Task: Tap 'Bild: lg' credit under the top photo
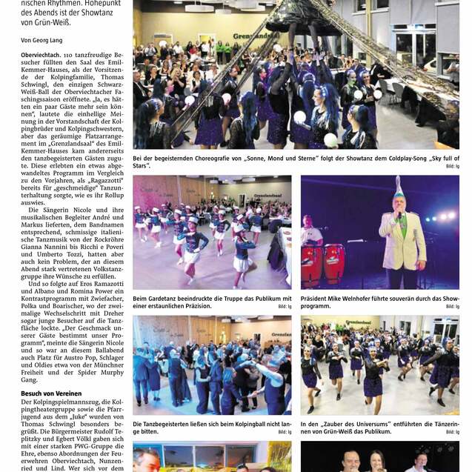click(452, 167)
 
